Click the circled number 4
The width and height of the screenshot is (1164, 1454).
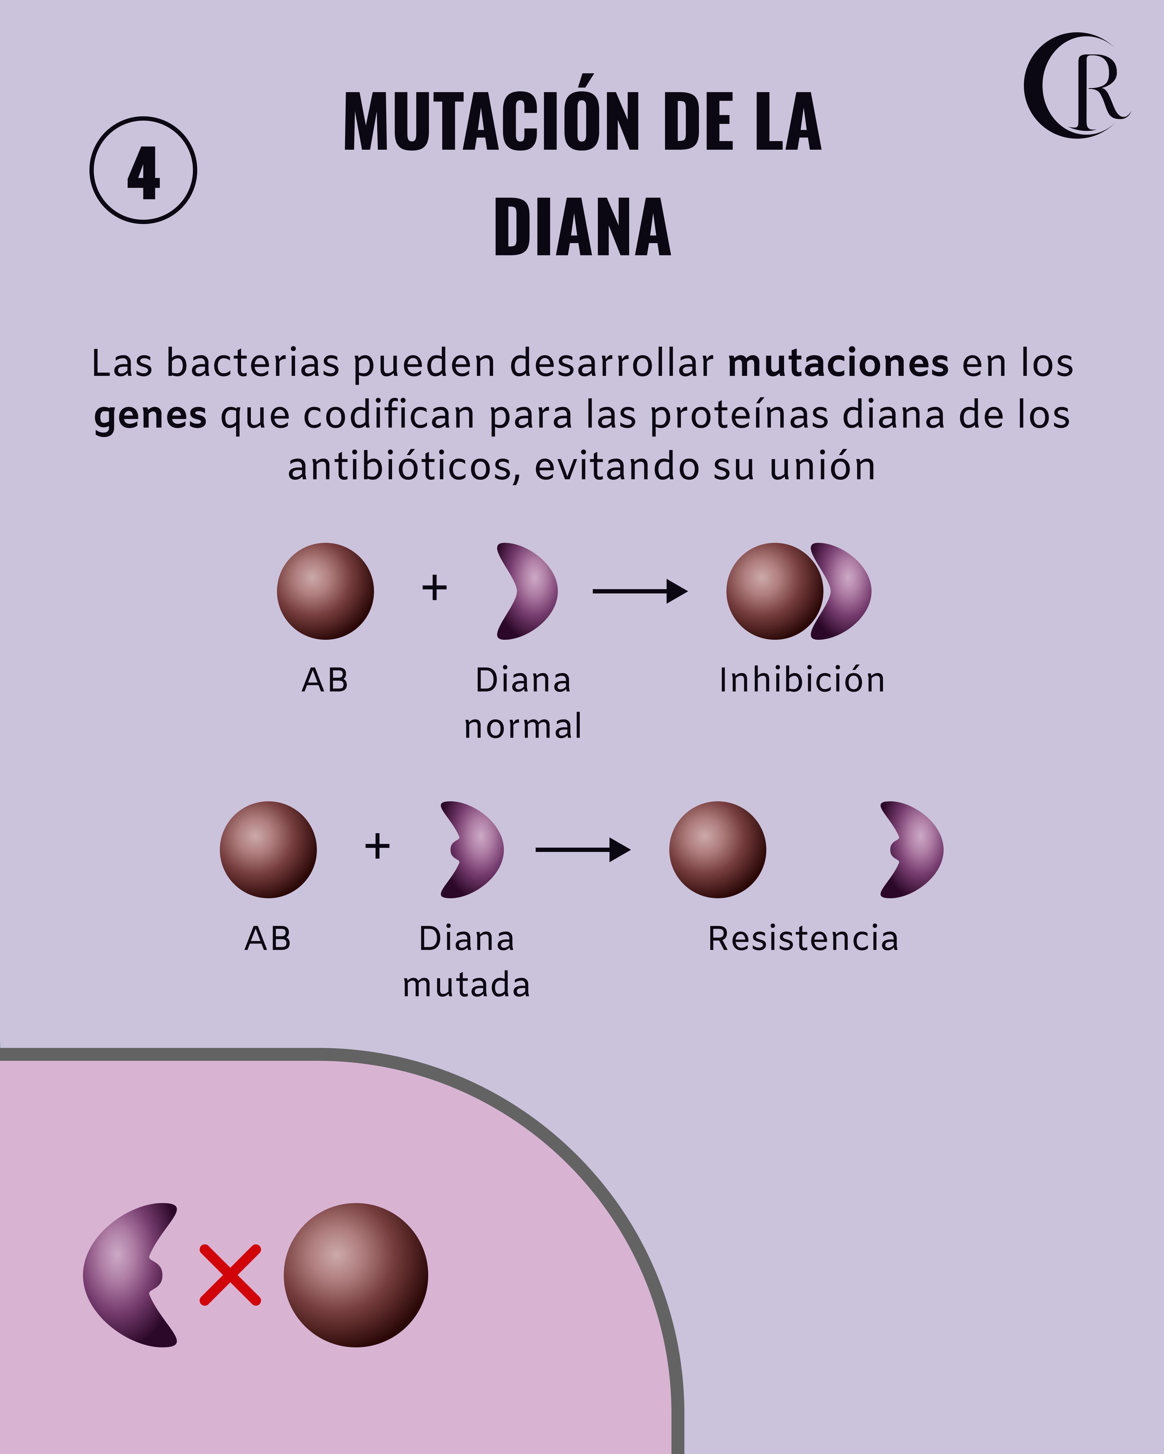point(143,170)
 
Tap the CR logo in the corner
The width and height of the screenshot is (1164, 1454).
point(1076,86)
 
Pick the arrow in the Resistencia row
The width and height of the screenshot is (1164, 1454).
point(582,850)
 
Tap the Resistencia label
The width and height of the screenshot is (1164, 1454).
point(803,939)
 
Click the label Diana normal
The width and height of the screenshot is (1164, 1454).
point(523,703)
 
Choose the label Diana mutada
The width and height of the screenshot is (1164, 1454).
point(466,962)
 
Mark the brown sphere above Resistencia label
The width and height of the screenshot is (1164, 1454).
point(717,850)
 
